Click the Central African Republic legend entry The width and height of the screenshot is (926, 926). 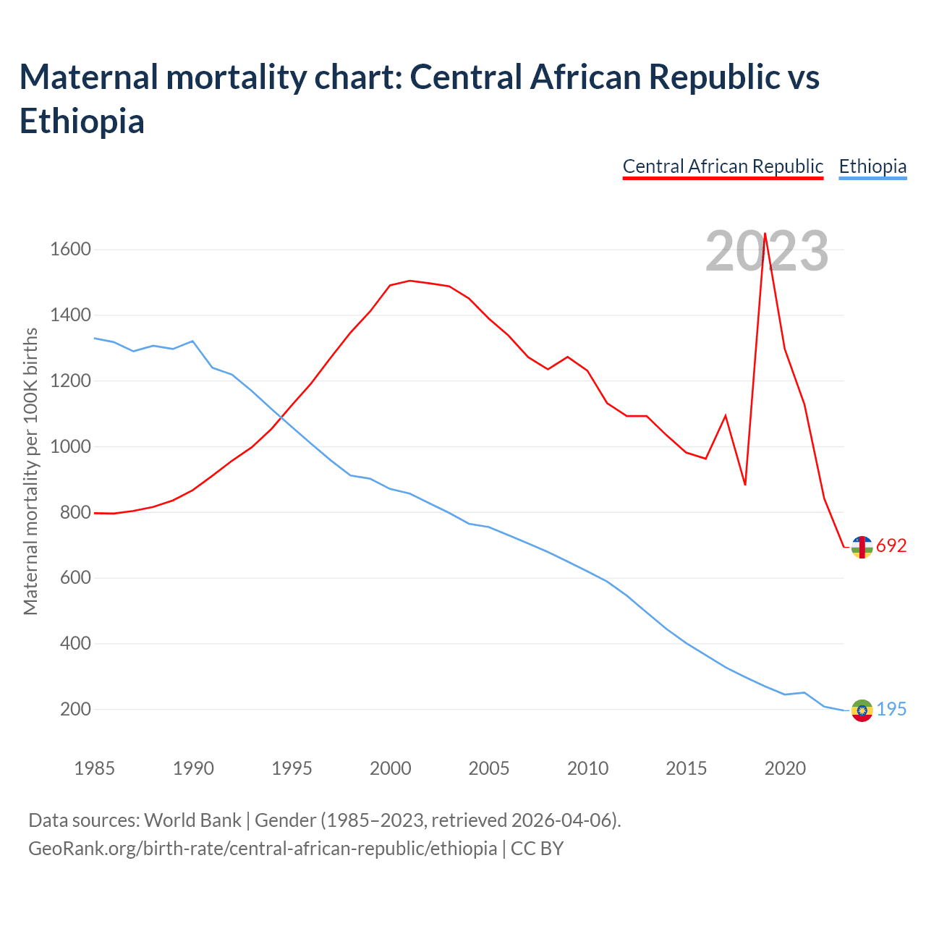pos(723,166)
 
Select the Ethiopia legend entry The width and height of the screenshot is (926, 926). pos(872,166)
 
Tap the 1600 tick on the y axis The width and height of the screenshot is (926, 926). pos(70,250)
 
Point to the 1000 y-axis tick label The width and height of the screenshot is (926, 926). pos(70,446)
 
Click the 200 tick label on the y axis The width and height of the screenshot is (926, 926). pos(75,709)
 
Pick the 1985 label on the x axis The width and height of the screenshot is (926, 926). pos(94,768)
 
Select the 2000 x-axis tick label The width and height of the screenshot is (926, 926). pos(390,768)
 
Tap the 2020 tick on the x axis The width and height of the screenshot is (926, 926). pos(785,768)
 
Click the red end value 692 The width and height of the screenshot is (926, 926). pos(891,546)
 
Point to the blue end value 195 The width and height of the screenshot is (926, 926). pos(891,710)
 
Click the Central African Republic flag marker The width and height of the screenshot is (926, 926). pos(862,547)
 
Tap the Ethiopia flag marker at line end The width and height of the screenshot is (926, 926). pos(862,710)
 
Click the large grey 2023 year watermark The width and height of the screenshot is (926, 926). pos(767,252)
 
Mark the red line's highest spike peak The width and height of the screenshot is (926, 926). pos(765,234)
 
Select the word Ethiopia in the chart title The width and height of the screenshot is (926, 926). pos(82,121)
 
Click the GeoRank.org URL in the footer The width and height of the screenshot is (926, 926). pos(263,848)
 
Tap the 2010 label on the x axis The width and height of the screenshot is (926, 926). pos(587,768)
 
